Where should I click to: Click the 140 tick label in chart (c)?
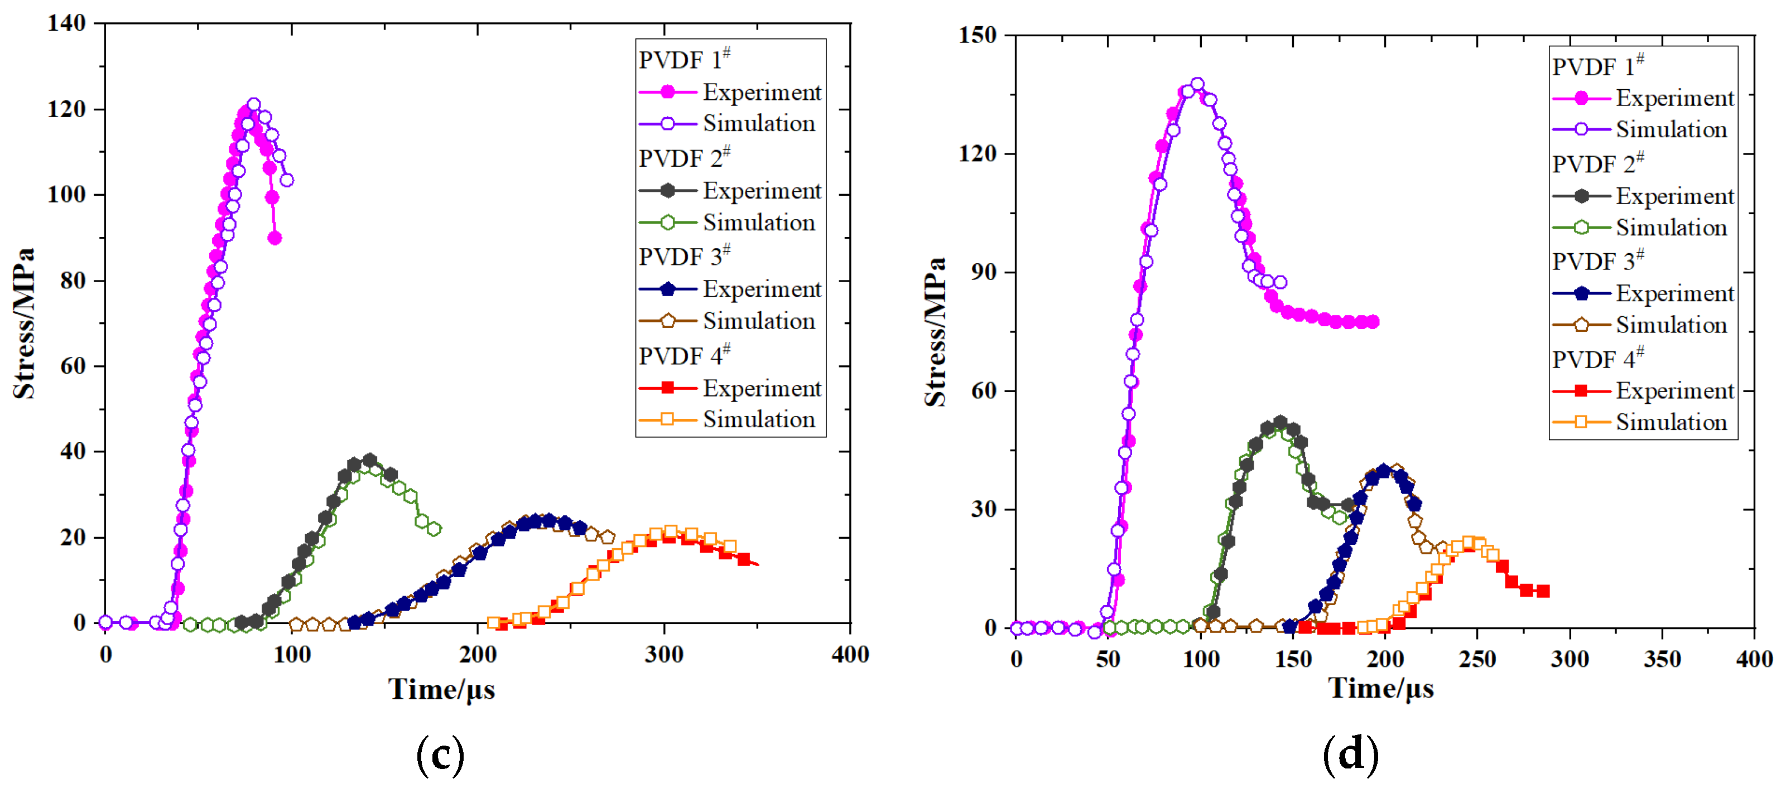pos(66,23)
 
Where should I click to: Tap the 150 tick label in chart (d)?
pos(978,35)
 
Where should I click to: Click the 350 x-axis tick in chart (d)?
pos(1662,659)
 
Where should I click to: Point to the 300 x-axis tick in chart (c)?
pos(663,654)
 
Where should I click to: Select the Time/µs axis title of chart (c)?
pos(442,690)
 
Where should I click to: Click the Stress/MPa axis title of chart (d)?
pos(935,331)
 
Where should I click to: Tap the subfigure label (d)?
pos(1351,753)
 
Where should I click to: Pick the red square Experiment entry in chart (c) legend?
pos(729,388)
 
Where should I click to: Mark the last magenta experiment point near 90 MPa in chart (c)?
pos(275,238)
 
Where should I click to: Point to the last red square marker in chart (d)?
pos(1543,591)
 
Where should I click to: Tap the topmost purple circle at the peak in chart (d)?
pos(1197,84)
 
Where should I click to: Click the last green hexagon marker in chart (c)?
pos(434,529)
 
